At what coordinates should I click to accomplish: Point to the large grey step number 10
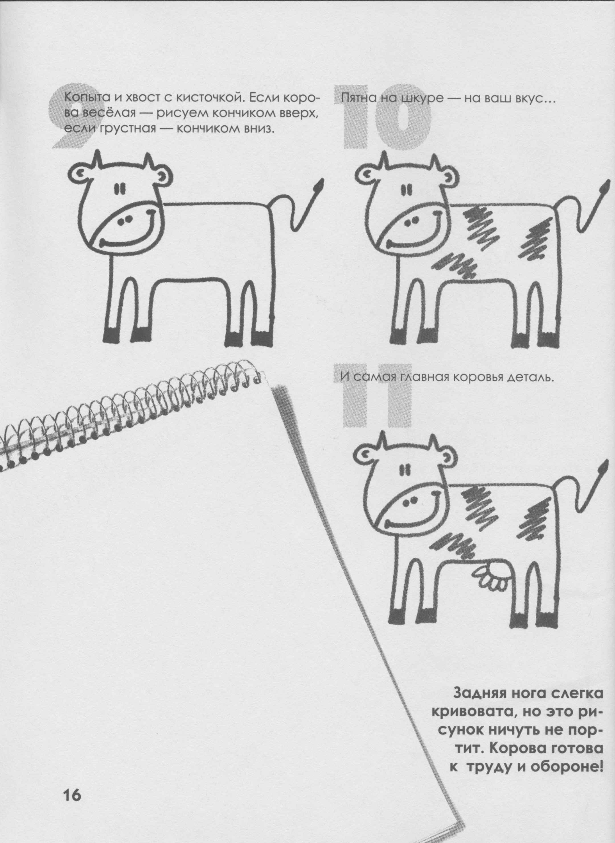pyautogui.click(x=387, y=117)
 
